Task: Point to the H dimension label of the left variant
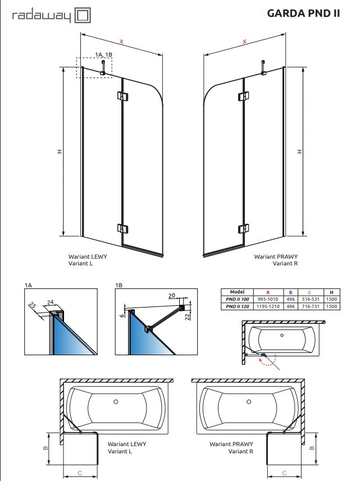[58, 152]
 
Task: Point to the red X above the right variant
[244, 42]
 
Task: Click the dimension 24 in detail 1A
[51, 302]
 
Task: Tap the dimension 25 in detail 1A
[33, 305]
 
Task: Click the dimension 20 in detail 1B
[172, 295]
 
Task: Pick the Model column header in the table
[237, 292]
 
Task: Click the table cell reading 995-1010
[267, 300]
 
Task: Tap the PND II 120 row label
[237, 307]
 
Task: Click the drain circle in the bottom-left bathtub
[116, 402]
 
